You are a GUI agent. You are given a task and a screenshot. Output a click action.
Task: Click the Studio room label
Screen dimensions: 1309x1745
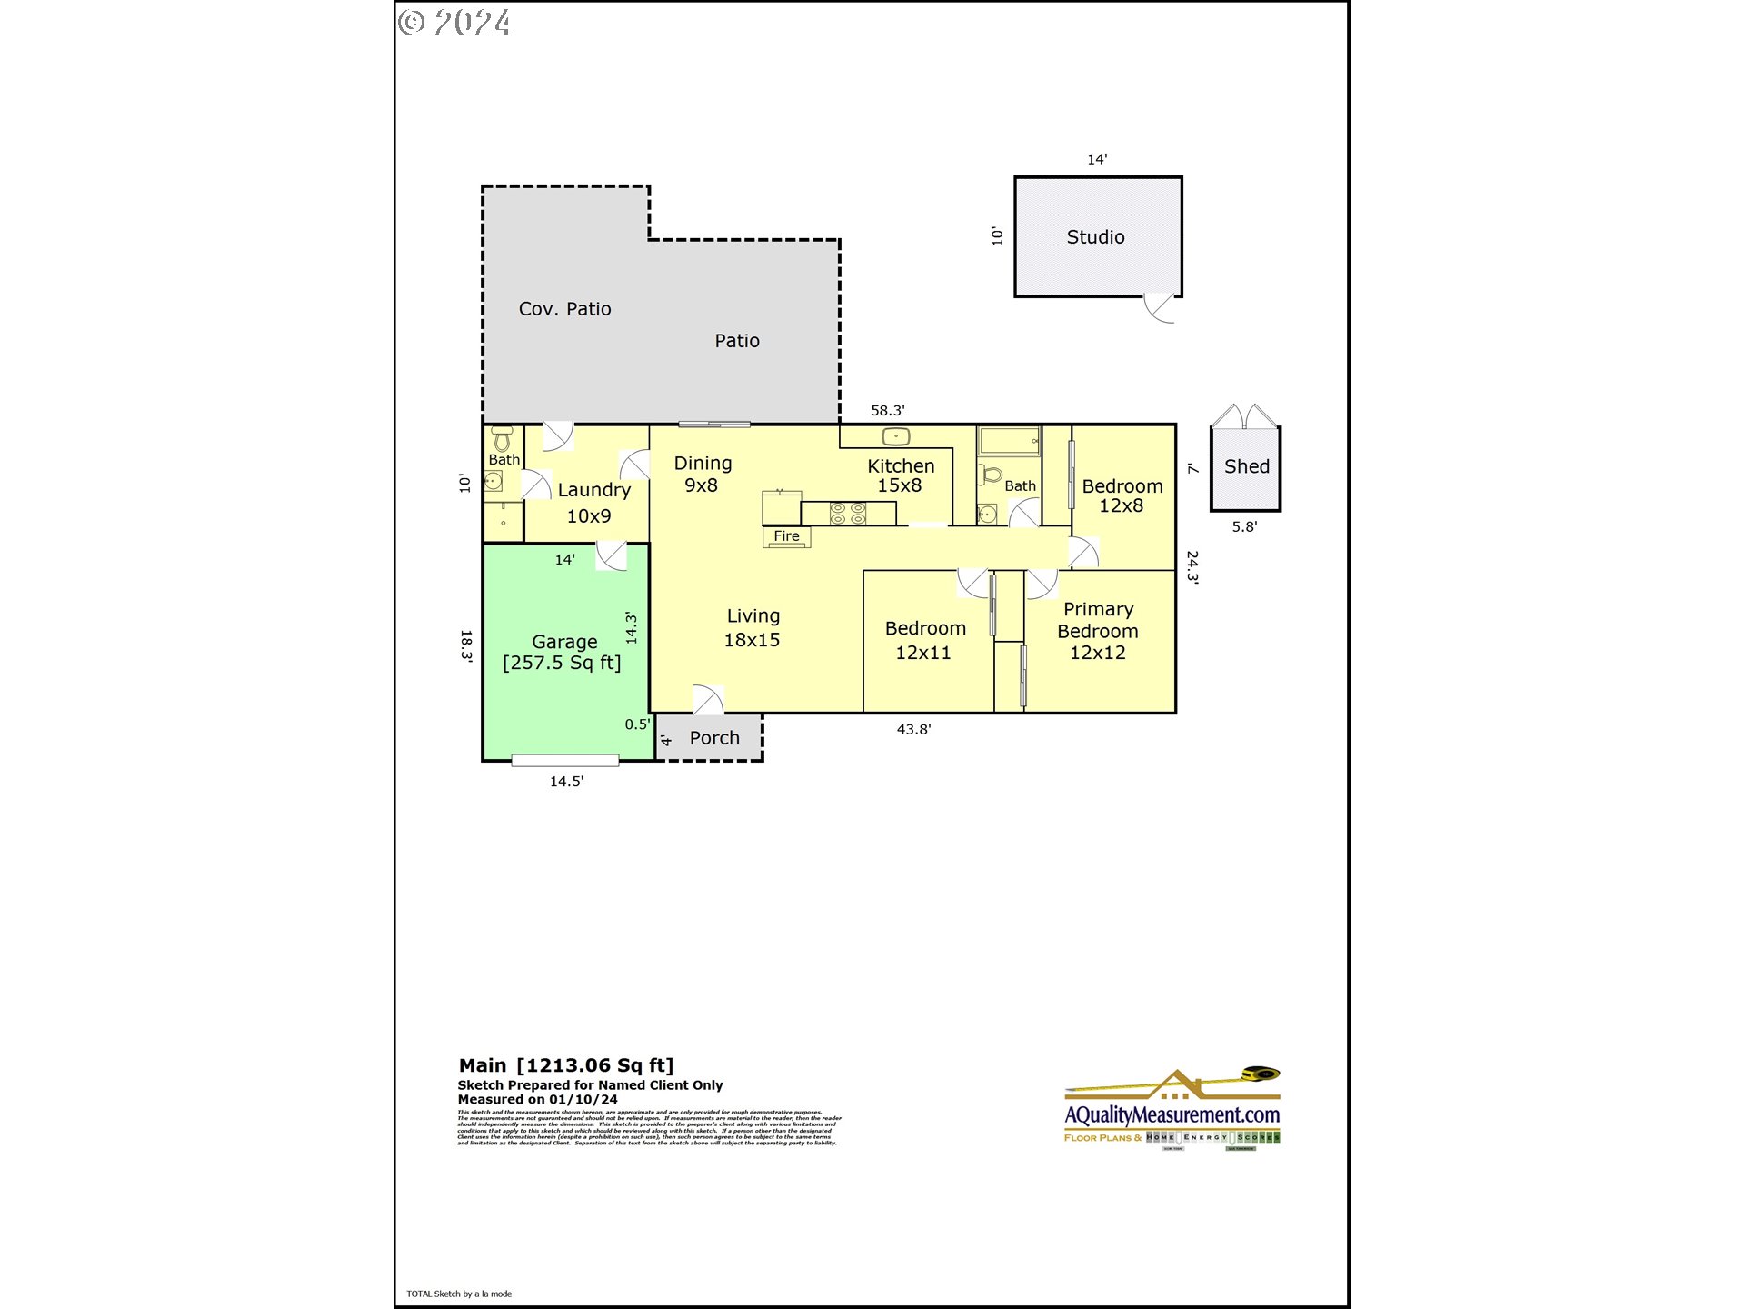coord(1095,237)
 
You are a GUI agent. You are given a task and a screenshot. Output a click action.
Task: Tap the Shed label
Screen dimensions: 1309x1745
coord(1246,466)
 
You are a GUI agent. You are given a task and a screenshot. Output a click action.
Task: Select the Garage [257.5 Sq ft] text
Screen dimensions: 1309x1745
coord(563,653)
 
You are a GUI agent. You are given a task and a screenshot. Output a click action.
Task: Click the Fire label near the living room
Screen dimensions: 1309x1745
coord(786,536)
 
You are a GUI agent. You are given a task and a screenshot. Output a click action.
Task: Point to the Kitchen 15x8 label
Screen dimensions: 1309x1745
coord(900,475)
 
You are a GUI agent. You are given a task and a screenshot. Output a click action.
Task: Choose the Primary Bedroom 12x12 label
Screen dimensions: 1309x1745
coord(1098,631)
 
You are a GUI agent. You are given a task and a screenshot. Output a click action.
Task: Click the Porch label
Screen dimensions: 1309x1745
coord(714,738)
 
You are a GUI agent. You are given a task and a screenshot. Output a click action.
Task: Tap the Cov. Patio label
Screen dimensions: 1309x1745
coord(564,309)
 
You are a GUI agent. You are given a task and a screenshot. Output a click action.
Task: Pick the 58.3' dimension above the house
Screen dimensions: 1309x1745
coord(887,411)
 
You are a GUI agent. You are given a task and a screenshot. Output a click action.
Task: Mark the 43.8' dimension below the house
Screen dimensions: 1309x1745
coord(913,729)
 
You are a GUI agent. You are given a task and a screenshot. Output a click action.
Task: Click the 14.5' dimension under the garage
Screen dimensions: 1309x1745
coord(566,782)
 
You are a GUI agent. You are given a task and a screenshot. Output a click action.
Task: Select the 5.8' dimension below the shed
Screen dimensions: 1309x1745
coord(1244,527)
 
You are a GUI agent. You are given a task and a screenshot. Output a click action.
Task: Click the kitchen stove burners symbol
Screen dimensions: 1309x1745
coord(848,514)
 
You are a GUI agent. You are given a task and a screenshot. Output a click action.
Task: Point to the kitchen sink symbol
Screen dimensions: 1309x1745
coord(896,437)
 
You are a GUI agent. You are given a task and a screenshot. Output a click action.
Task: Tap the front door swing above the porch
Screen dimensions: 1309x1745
coord(708,700)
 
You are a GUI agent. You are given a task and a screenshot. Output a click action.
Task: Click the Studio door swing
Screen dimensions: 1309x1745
coord(1159,308)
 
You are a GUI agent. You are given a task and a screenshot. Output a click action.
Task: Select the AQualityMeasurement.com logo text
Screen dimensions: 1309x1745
coord(1172,1115)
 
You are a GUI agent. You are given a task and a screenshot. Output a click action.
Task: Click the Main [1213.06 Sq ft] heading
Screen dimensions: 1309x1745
coord(565,1065)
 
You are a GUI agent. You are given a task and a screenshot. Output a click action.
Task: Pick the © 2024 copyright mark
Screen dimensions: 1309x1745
coord(454,23)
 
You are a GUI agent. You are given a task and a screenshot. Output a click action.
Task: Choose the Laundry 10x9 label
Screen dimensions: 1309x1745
coord(593,503)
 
